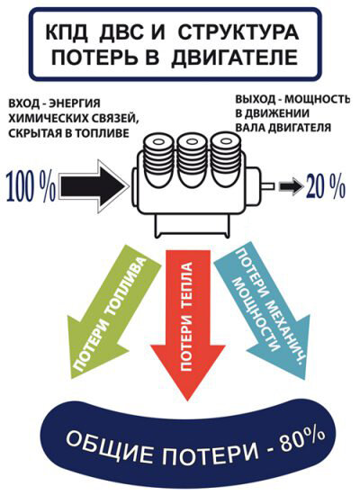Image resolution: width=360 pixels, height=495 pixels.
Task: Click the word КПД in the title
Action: click(67, 31)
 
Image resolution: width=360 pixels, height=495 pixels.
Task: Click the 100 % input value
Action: click(31, 187)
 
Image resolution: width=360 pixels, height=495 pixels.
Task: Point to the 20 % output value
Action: click(326, 186)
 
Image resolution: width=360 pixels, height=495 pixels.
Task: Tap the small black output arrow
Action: click(291, 186)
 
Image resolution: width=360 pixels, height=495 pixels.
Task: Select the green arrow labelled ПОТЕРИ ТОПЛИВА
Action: click(112, 312)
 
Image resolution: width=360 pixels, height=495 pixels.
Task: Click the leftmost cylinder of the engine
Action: click(157, 161)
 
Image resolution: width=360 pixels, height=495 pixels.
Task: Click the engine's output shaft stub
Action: click(267, 186)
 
